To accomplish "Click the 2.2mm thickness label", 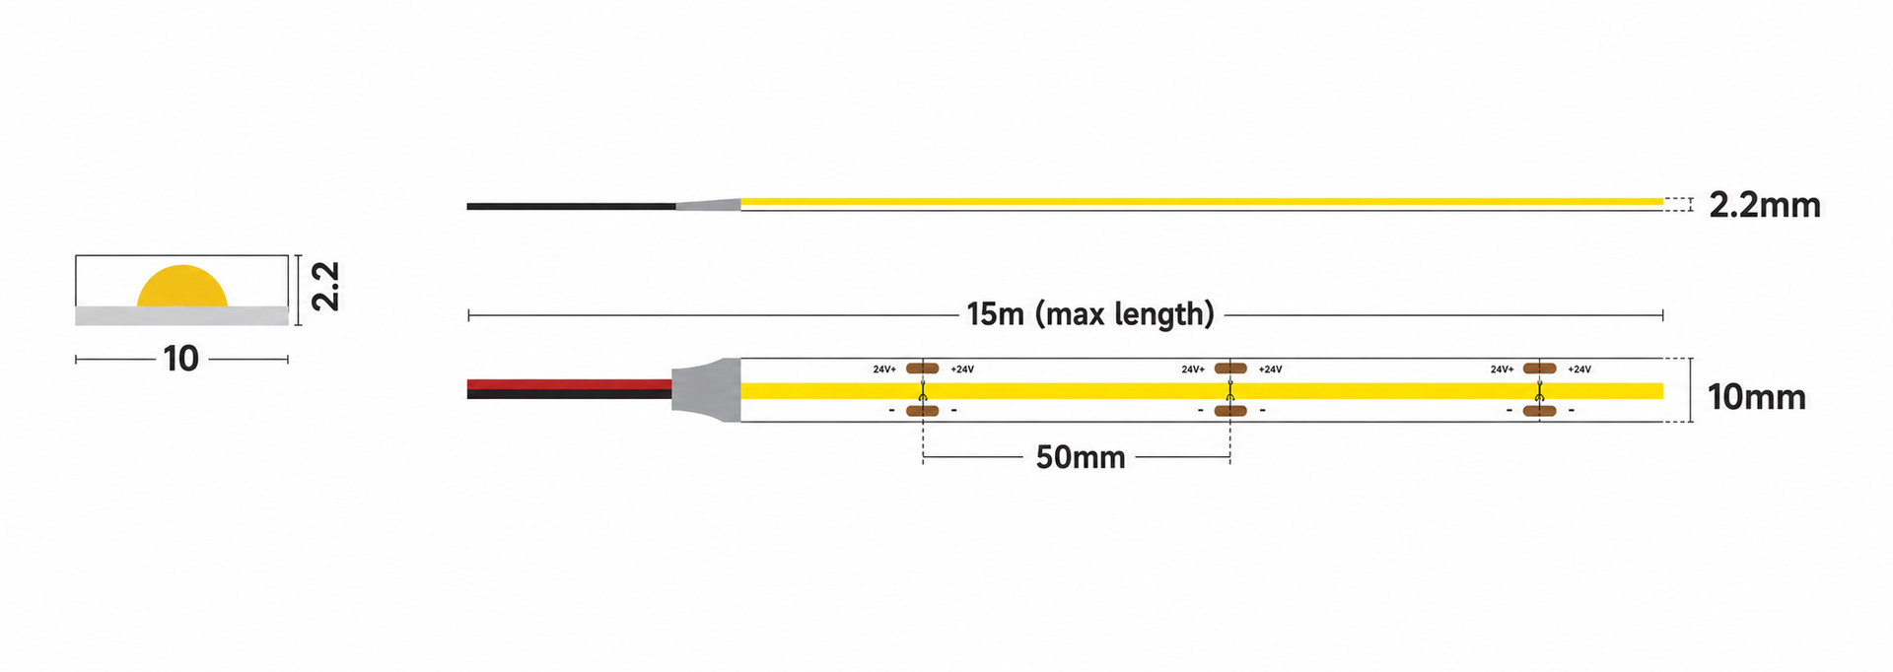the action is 1764,205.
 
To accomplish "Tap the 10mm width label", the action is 1756,397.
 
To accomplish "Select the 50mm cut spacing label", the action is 1080,457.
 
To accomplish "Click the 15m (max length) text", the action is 1090,314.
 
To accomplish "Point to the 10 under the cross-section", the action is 181,359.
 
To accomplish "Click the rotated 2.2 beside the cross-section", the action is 325,286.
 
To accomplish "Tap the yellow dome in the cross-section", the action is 182,287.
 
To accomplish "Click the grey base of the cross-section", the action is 182,315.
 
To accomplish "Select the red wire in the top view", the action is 570,384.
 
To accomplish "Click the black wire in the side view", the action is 572,206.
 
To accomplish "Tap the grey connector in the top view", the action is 706,390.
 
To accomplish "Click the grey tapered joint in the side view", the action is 708,205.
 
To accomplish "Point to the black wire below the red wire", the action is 570,394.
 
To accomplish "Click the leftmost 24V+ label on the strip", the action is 884,370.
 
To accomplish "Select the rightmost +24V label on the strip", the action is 1579,370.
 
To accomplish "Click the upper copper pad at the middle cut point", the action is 1230,369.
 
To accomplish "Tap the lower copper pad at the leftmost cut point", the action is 922,410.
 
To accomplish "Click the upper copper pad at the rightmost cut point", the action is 1539,369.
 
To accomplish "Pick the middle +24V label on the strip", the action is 1271,370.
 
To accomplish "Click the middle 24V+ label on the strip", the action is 1193,370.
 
